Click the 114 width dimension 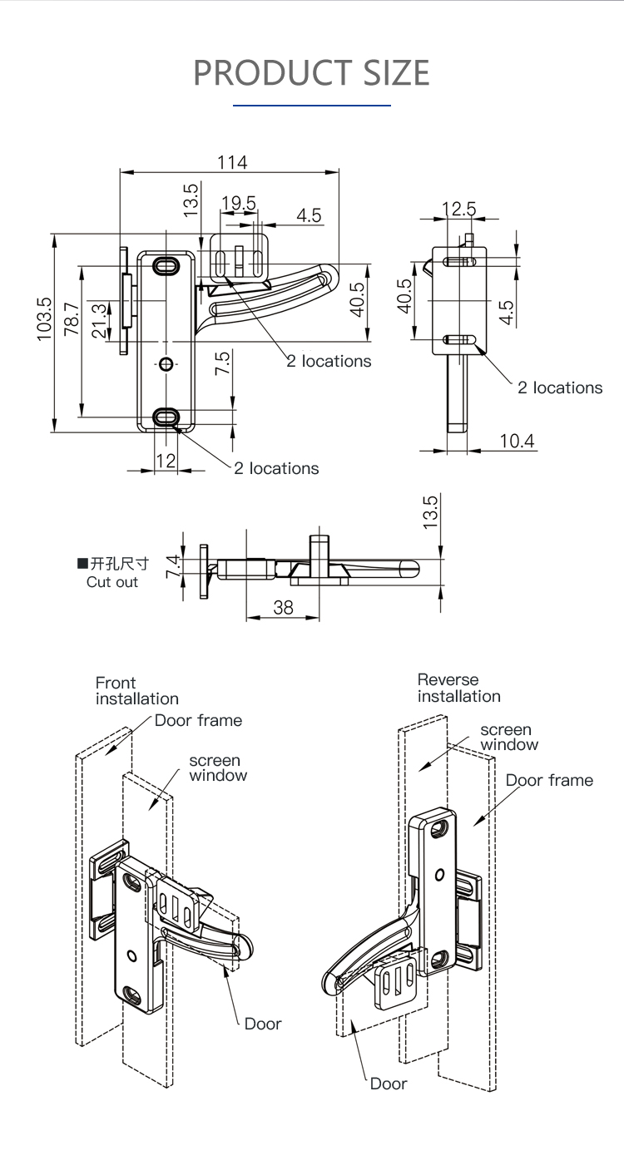232,162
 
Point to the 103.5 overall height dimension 45,319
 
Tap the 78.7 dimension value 72,319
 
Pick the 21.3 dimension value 99,320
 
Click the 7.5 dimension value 221,363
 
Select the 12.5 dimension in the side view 458,209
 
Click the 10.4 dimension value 517,441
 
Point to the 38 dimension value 283,608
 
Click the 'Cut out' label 112,582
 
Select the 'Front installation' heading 136,691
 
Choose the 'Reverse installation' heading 458,688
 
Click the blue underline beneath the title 312,106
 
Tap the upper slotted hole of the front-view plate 166,266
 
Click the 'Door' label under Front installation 263,1024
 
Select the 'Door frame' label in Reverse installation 549,780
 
